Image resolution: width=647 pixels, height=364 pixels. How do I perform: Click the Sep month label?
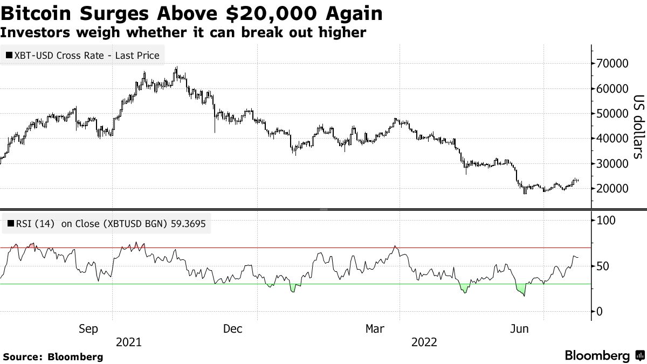[88, 329]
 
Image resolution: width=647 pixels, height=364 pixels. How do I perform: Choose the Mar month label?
[375, 329]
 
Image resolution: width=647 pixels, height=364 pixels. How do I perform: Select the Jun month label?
[520, 329]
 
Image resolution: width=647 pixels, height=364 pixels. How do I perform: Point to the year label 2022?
[424, 342]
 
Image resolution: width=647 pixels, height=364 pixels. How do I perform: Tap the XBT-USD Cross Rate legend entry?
[82, 56]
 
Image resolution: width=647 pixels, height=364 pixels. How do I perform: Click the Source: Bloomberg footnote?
[52, 356]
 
